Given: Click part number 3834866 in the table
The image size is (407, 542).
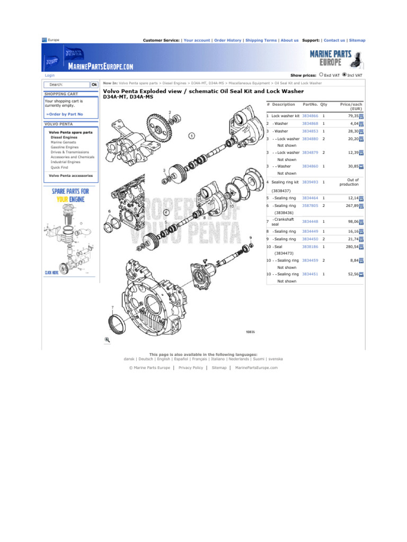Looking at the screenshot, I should click(x=309, y=115).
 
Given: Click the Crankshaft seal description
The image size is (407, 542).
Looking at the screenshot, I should click(x=283, y=221).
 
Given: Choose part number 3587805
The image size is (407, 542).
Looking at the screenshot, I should click(x=309, y=205).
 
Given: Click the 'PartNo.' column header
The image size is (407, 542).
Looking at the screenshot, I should click(x=309, y=105).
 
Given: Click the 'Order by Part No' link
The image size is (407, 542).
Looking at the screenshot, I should click(x=65, y=114).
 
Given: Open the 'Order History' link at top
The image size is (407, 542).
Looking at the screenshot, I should click(x=227, y=40).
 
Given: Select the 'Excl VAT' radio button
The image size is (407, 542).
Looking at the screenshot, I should click(x=321, y=75).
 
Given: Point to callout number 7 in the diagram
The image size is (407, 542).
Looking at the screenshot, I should click(x=112, y=307).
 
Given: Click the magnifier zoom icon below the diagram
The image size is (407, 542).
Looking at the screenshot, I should click(x=107, y=340).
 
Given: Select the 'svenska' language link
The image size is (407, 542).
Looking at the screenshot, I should click(x=276, y=358).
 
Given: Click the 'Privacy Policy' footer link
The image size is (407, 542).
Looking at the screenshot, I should click(x=190, y=367).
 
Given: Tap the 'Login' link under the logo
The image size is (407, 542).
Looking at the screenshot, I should click(x=49, y=76).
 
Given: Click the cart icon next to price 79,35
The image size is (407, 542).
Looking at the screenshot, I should click(x=361, y=116).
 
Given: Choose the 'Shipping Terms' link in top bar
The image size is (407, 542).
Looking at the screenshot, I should click(x=261, y=40).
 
